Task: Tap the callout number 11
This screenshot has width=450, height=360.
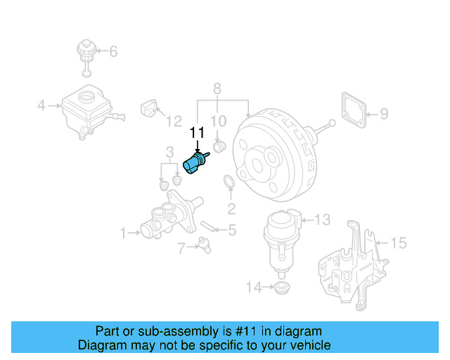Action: [197, 132]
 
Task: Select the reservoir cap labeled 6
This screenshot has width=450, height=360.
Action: [85, 55]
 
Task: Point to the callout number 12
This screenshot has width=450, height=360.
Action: [173, 122]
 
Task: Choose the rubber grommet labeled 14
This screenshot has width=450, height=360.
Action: [283, 288]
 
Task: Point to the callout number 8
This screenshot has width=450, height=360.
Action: [217, 89]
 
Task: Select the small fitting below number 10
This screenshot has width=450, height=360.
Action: [218, 147]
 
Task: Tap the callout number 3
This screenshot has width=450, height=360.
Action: [169, 152]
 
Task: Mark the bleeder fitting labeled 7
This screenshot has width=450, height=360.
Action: [205, 244]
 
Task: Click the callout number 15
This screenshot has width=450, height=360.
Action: [398, 243]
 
